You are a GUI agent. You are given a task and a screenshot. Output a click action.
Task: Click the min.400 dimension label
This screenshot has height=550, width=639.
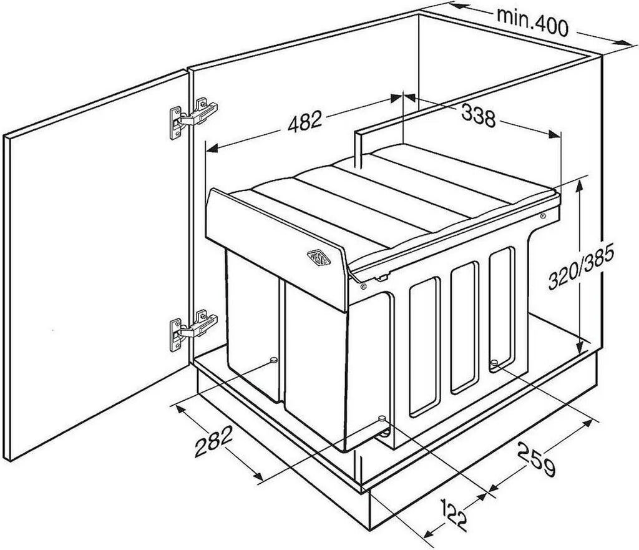[532, 22]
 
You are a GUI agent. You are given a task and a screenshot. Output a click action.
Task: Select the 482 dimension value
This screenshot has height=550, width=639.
[305, 121]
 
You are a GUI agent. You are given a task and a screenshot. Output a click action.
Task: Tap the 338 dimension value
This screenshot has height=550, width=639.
[479, 115]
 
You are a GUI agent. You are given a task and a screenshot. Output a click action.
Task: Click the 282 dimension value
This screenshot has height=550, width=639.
[213, 441]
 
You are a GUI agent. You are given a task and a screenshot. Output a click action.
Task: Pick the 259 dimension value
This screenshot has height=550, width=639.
[537, 459]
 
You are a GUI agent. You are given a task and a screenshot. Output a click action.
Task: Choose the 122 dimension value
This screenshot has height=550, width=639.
[454, 515]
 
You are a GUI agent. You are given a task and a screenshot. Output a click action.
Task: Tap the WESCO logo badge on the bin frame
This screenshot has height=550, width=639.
[318, 258]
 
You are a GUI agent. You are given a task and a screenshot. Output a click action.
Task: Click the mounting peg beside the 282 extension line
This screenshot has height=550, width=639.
[273, 360]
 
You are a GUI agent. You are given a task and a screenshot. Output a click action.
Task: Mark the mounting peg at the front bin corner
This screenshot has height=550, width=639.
[383, 419]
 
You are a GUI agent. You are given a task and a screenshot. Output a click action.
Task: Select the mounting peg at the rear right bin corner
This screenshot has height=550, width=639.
[494, 363]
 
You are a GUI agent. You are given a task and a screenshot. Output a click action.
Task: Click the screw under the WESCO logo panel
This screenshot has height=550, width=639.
[363, 287]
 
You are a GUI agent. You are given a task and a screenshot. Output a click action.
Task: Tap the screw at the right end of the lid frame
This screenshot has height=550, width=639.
[542, 215]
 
